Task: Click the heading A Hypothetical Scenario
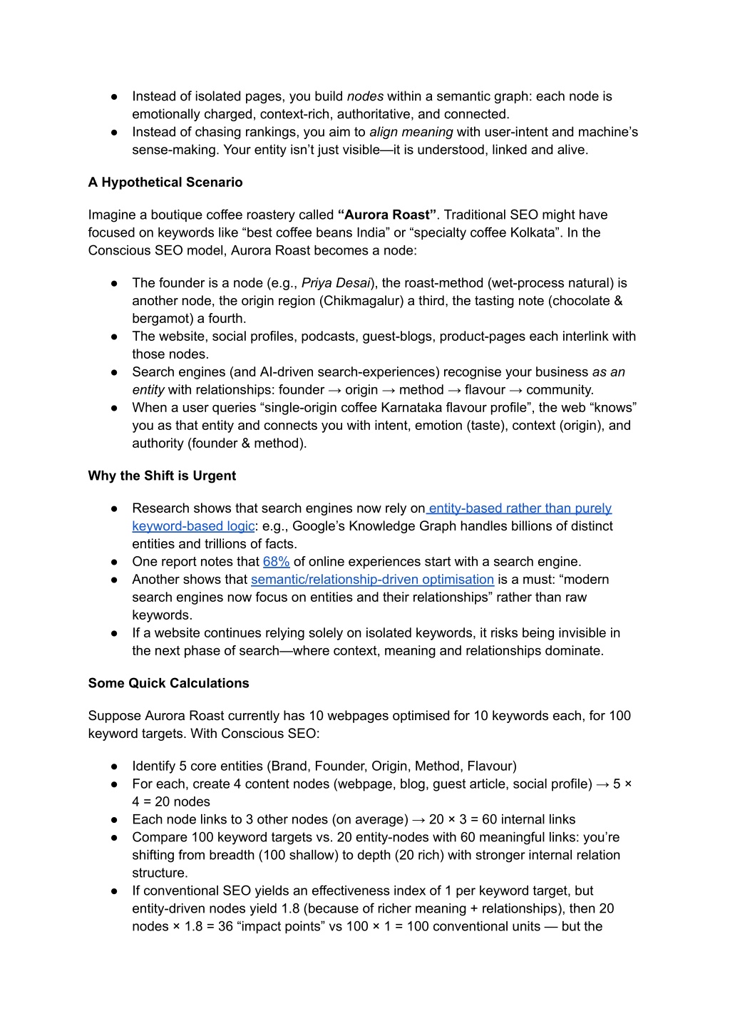coord(165,183)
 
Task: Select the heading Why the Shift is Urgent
coord(162,476)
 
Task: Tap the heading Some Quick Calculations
coord(168,683)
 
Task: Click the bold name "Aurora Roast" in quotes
coord(387,215)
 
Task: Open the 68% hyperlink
coord(276,562)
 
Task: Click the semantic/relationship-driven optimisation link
coord(372,580)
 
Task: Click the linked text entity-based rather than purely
coord(520,508)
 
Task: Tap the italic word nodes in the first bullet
coord(365,96)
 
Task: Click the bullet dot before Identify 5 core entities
coord(114,766)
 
